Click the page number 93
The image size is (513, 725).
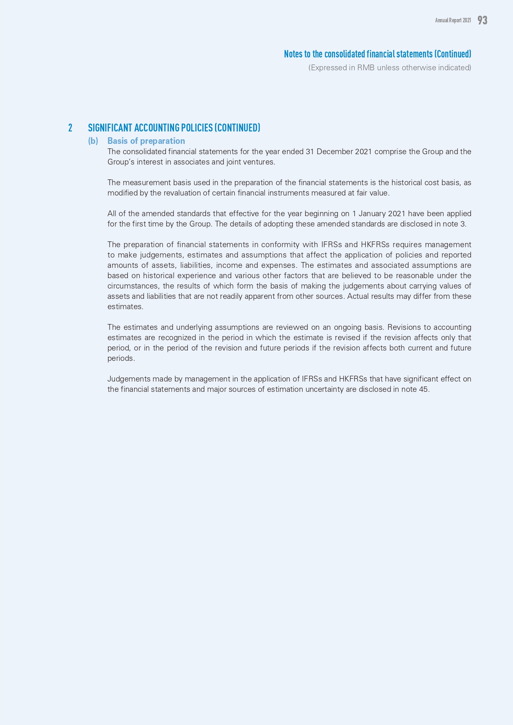click(x=482, y=20)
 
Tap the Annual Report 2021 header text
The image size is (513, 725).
click(x=453, y=20)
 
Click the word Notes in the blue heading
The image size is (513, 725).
click(x=293, y=54)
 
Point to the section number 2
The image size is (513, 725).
click(x=70, y=128)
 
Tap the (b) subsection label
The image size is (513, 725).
click(x=93, y=141)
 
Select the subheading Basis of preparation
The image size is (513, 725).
click(x=146, y=141)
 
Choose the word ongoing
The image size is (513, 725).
click(x=341, y=327)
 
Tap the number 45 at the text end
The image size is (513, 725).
click(x=424, y=389)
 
